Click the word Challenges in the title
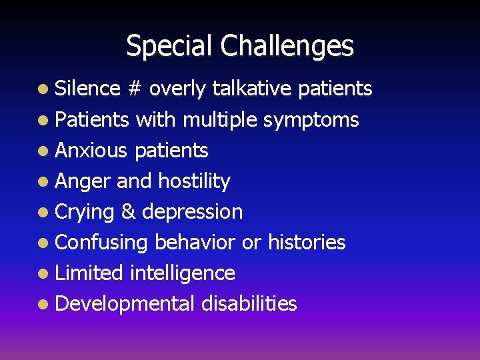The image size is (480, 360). pyautogui.click(x=288, y=46)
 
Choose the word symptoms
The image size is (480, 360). pyautogui.click(x=311, y=120)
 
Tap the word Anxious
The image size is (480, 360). pyautogui.click(x=91, y=151)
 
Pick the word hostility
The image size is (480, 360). pyautogui.click(x=194, y=181)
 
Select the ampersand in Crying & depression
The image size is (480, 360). pyautogui.click(x=129, y=212)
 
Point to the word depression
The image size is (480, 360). pyautogui.click(x=193, y=212)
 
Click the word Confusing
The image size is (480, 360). pyautogui.click(x=101, y=243)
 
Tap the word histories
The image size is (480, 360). pyautogui.click(x=307, y=242)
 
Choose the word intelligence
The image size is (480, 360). pyautogui.click(x=183, y=273)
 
